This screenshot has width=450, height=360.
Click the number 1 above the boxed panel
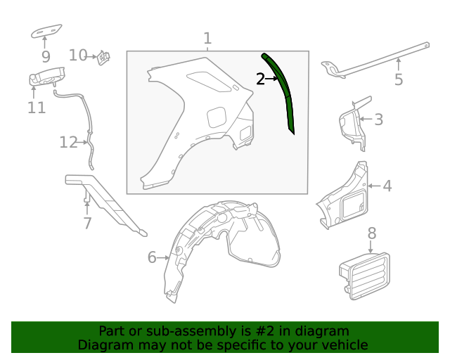(207, 38)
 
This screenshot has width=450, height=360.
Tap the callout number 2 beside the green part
(261, 79)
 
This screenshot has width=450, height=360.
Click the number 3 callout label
(378, 120)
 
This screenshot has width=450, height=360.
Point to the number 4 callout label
(387, 186)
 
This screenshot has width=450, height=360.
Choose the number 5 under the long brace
(399, 79)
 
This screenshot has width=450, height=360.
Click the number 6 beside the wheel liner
(152, 257)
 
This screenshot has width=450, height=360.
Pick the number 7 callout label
(87, 224)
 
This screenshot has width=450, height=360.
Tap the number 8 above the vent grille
(372, 233)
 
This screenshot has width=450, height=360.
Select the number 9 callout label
(46, 56)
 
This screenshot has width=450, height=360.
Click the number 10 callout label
(78, 55)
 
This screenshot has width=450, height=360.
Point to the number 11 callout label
(37, 108)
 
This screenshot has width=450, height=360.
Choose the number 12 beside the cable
(68, 143)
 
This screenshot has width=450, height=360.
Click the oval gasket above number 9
(46, 32)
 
